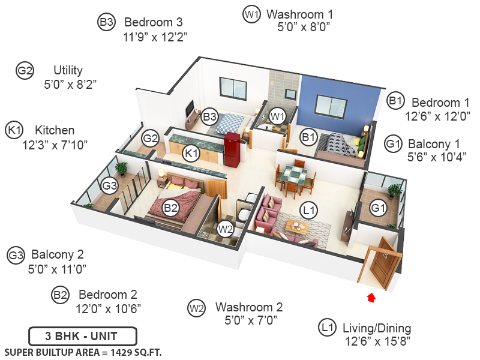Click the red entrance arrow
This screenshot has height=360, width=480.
(x=371, y=296)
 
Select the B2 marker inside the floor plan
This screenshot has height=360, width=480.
(x=171, y=208)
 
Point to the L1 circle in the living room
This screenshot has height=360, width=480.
(x=310, y=210)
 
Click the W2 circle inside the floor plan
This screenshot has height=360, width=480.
(x=225, y=229)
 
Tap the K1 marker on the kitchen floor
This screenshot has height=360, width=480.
(x=191, y=154)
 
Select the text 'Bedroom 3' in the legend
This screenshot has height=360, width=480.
(x=153, y=22)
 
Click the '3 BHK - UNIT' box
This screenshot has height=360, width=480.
(x=83, y=335)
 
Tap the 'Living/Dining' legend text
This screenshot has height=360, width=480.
(x=377, y=328)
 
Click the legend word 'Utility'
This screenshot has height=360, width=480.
(x=68, y=70)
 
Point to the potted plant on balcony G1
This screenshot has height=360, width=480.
(x=394, y=191)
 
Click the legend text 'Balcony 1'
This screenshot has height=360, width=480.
(x=434, y=144)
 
